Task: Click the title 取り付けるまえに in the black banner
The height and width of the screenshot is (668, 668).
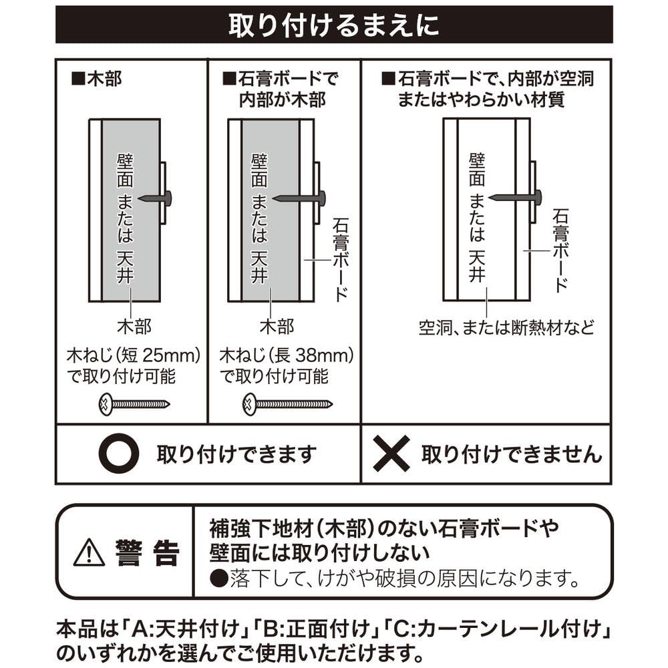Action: tap(333, 25)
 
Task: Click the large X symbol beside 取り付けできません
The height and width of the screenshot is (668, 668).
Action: tap(391, 454)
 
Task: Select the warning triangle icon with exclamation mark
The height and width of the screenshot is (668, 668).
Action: tap(89, 552)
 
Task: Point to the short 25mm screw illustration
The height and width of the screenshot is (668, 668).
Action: tap(134, 404)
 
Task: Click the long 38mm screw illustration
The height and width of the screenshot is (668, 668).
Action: tap(287, 404)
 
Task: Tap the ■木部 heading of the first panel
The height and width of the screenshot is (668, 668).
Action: tap(97, 79)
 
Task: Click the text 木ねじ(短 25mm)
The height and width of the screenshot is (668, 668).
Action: tap(134, 356)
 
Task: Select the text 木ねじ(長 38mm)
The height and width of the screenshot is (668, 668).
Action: tap(287, 356)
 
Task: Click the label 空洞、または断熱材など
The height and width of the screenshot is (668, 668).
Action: tap(506, 327)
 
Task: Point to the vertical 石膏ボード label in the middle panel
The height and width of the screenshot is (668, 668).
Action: tap(341, 260)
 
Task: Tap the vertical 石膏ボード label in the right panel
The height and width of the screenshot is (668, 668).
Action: tap(560, 251)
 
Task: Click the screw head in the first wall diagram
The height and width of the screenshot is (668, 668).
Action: tap(168, 198)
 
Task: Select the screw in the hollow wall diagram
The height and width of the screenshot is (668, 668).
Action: tap(515, 197)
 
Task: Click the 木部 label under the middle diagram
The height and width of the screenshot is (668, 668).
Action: tap(277, 327)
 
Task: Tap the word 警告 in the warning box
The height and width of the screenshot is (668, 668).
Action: tap(148, 552)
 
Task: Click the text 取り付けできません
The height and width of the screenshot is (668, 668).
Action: tap(512, 454)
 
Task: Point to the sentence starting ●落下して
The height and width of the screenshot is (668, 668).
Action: tap(395, 578)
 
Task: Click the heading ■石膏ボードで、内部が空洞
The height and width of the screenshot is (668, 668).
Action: tap(488, 79)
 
